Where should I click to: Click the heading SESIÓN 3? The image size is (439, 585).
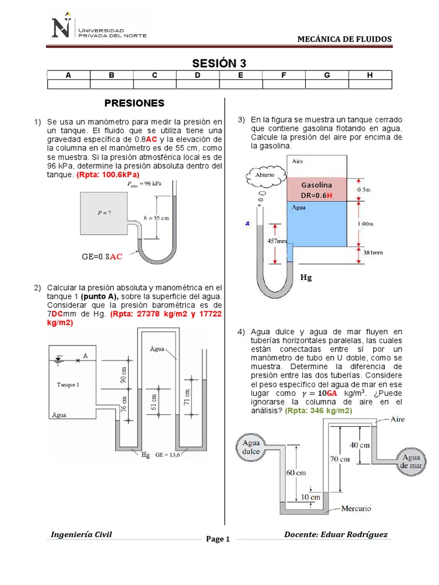219,63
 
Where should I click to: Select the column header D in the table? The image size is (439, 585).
197,75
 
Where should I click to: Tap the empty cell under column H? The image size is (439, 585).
370,85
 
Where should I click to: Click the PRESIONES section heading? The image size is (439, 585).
134,103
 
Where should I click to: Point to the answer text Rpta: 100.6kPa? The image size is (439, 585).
108,174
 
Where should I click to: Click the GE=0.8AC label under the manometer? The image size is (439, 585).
102,257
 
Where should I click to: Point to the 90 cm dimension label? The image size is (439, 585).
122,375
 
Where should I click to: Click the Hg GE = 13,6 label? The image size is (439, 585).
163,455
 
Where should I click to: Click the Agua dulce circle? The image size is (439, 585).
252,447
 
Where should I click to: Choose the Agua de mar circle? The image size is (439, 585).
411,461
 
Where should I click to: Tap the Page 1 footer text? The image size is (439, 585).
217,539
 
